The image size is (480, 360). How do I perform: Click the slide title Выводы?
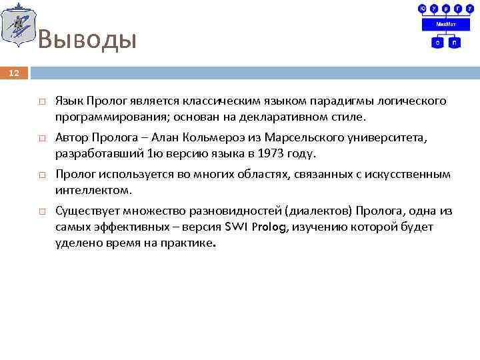(x=87, y=40)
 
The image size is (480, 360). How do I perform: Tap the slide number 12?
(x=15, y=73)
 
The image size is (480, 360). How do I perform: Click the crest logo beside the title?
(x=18, y=25)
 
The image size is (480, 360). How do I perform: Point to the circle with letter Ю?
(x=423, y=8)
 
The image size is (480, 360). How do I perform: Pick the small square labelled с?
(x=437, y=42)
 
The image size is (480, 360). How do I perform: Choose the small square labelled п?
(x=454, y=42)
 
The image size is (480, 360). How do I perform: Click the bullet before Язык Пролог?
(x=41, y=102)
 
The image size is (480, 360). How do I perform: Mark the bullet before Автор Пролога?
(x=41, y=139)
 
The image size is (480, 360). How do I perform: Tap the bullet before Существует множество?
(x=41, y=212)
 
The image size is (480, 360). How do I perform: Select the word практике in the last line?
(x=188, y=243)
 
